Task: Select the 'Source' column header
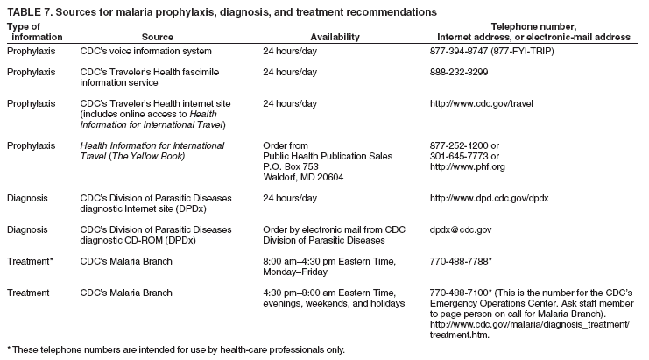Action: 158,37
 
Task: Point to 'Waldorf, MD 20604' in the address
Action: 303,176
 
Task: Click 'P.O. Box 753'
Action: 291,166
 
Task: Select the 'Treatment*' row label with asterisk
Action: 29,261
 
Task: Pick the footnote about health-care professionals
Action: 176,349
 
